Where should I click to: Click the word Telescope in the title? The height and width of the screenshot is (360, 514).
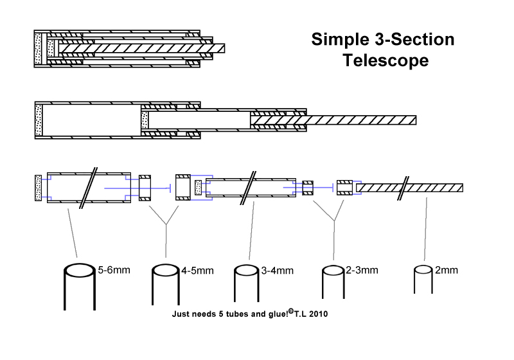[x=385, y=60]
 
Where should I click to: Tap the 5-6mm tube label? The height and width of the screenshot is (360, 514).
[x=114, y=270]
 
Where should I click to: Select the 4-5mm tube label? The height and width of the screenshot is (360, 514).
[x=197, y=271]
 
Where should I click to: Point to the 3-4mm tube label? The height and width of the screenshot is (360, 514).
[x=278, y=271]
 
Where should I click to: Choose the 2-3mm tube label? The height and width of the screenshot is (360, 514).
[x=362, y=270]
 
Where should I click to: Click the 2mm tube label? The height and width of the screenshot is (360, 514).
[x=446, y=270]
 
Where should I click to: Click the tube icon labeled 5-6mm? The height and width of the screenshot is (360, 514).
[x=80, y=287]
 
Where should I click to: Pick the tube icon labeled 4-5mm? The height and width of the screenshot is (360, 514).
[x=166, y=285]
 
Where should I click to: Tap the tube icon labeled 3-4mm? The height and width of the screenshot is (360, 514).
[x=247, y=283]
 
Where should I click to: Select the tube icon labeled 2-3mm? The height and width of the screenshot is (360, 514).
[x=333, y=282]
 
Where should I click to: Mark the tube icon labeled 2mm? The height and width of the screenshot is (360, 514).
[x=423, y=280]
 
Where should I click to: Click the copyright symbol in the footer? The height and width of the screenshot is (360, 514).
[x=291, y=312]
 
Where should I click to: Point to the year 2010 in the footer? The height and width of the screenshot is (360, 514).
[x=318, y=314]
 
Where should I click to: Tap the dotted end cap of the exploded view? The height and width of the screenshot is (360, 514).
[x=39, y=188]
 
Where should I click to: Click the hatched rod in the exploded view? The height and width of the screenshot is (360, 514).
[x=409, y=188]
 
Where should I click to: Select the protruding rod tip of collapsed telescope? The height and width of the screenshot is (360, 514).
[x=218, y=48]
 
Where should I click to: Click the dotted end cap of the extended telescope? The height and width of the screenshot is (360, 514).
[x=39, y=120]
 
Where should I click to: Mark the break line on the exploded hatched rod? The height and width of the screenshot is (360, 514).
[x=403, y=188]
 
